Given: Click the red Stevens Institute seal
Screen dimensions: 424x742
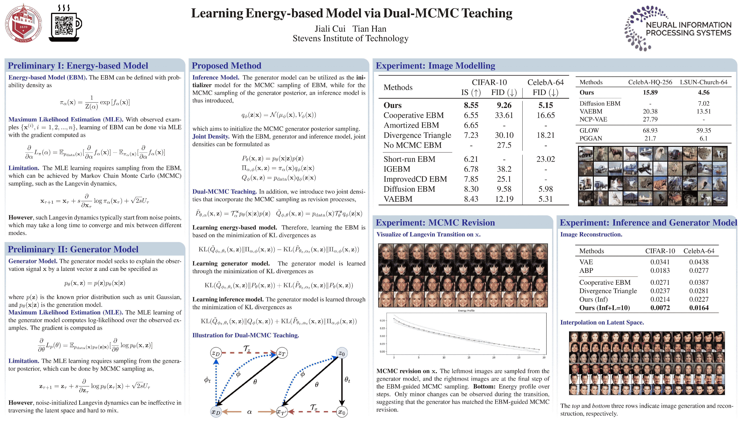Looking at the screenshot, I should click(23, 23).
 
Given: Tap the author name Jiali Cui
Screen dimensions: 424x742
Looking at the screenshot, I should click(330, 29).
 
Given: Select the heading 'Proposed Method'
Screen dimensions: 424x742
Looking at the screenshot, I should click(226, 66).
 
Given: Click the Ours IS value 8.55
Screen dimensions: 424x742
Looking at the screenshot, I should click(471, 105).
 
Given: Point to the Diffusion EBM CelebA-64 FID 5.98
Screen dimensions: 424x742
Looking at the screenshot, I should click(545, 189).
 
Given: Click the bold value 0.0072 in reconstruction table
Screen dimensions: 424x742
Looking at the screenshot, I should click(660, 308).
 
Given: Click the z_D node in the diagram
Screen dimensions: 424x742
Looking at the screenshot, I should click(216, 353).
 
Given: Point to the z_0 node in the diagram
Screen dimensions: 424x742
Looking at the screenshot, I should click(341, 353).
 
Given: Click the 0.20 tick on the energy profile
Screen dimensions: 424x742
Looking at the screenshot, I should click(382, 320).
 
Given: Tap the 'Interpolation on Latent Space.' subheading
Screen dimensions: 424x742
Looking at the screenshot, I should click(602, 322).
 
